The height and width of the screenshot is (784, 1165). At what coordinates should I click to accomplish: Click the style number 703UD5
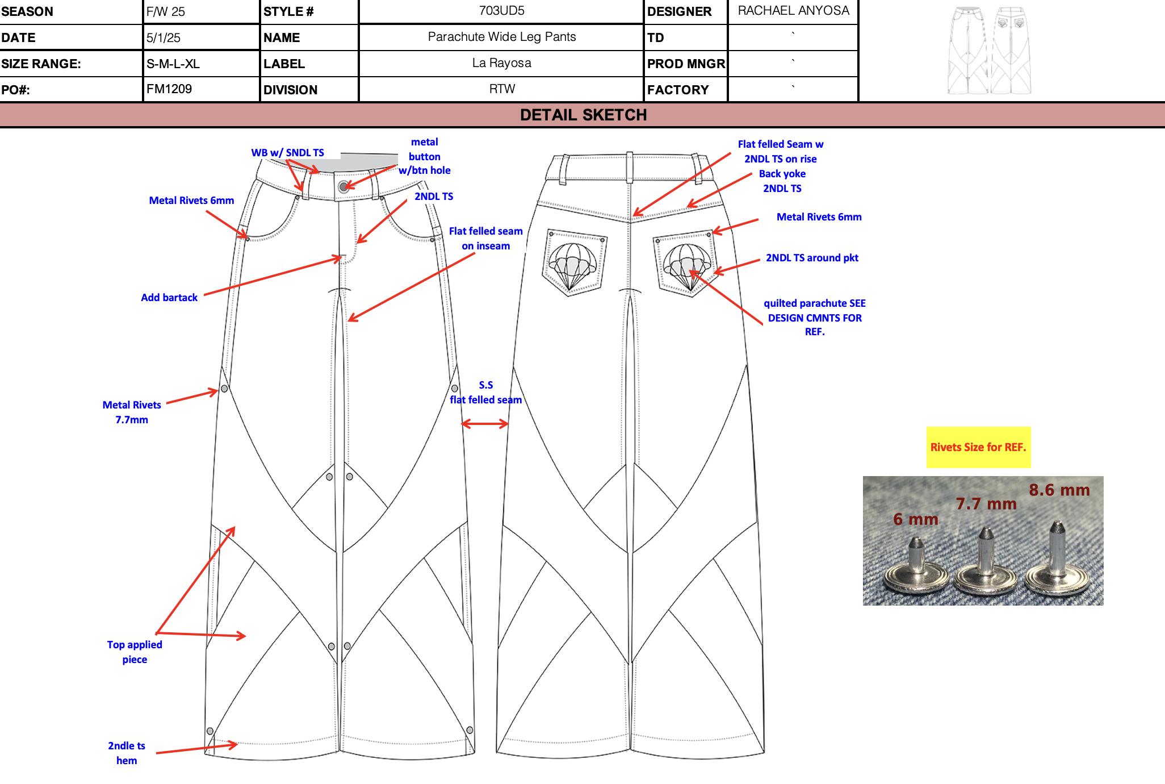tap(501, 11)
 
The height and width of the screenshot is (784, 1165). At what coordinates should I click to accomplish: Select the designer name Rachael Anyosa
tap(793, 11)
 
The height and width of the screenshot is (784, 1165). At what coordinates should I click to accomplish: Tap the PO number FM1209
tap(169, 89)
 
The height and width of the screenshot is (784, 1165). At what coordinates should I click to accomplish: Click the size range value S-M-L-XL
tap(173, 64)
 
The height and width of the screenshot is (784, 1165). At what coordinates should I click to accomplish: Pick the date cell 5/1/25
tap(164, 37)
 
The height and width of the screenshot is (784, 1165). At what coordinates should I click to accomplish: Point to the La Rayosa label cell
tap(501, 63)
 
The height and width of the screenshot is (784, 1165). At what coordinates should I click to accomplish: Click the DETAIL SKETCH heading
tap(583, 115)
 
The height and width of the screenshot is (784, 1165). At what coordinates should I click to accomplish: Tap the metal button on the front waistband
tap(343, 186)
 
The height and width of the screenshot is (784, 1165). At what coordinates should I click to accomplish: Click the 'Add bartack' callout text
tap(169, 298)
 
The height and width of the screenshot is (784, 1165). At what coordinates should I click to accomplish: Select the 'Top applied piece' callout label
tap(135, 652)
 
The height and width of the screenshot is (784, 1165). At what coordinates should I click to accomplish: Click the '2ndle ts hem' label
tap(127, 753)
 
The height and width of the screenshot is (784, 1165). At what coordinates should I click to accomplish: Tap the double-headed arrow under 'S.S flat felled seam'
tap(485, 424)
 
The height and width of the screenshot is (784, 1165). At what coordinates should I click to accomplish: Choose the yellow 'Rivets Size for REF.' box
tap(978, 447)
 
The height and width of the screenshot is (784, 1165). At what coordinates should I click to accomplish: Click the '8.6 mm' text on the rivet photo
tap(1059, 490)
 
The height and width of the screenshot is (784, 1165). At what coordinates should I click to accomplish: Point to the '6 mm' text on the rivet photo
tap(915, 519)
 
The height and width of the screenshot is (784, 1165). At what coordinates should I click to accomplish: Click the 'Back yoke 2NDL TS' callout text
tap(782, 181)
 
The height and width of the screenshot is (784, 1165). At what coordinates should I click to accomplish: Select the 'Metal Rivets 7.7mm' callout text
tap(132, 412)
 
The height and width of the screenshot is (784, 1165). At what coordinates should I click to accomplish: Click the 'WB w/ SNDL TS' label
tap(287, 153)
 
